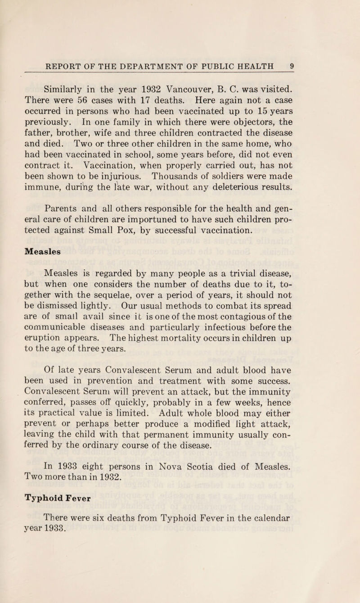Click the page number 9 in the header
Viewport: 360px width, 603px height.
[292, 65]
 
